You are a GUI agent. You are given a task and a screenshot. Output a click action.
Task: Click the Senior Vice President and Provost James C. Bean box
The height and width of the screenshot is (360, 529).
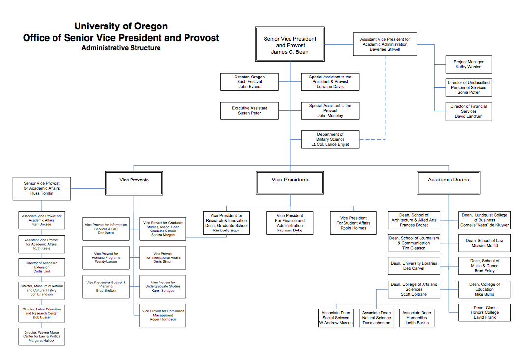tap(290, 45)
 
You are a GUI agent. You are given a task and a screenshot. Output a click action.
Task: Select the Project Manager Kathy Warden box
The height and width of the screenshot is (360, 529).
tap(469, 64)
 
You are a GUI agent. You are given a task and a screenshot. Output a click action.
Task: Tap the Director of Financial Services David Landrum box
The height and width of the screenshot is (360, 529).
tap(469, 111)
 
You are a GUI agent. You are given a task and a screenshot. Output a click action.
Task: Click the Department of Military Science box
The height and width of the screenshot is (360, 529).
tap(330, 139)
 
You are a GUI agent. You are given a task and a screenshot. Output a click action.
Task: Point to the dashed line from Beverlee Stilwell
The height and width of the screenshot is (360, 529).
tap(385, 98)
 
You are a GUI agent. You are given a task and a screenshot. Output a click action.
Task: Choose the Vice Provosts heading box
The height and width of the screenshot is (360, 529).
tap(134, 180)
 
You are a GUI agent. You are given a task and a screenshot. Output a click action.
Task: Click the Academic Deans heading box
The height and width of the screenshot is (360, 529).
tap(448, 180)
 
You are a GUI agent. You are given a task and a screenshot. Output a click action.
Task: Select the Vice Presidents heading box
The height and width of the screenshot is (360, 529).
tap(290, 180)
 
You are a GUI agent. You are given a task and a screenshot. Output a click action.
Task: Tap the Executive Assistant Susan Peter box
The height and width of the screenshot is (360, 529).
tap(250, 110)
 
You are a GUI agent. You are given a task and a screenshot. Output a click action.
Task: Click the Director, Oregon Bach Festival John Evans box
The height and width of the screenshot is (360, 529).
tap(250, 82)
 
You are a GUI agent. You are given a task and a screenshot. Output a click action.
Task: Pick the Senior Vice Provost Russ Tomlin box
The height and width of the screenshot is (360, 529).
tap(42, 188)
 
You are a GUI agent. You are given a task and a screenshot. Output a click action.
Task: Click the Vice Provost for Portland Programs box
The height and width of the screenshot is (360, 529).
tap(106, 258)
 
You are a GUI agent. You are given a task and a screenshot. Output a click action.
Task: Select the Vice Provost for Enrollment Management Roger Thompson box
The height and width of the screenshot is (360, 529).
tap(162, 315)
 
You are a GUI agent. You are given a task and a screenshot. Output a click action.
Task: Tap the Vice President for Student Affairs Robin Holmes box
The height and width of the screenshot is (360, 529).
tap(353, 223)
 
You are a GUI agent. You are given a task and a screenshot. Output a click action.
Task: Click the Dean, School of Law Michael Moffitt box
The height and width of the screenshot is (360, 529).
tap(484, 243)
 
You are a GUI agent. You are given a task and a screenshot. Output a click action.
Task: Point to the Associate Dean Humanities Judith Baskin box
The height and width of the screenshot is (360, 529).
tap(416, 317)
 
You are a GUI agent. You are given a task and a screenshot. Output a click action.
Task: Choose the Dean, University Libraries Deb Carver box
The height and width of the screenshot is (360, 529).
tap(414, 266)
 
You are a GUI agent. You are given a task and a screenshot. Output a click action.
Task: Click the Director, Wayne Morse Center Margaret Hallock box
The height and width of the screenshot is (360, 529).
tap(42, 336)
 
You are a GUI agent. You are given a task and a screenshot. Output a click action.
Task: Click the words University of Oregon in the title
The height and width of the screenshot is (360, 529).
tap(121, 26)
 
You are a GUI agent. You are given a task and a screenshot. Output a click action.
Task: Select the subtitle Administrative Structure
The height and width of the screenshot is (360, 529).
tap(121, 48)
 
